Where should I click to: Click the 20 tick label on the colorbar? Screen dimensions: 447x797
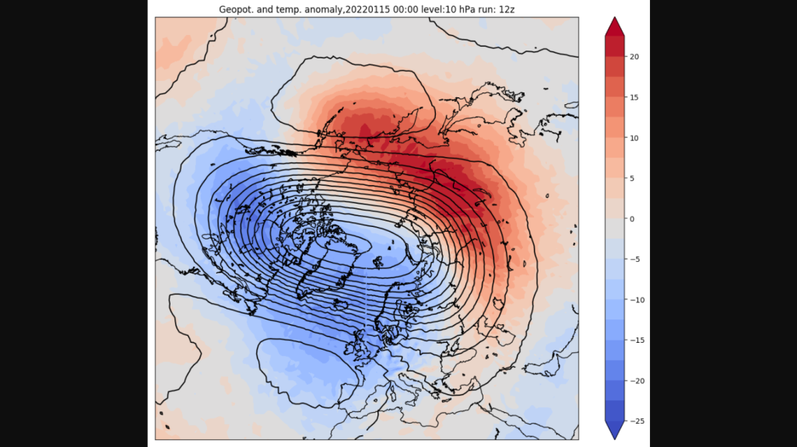(634, 57)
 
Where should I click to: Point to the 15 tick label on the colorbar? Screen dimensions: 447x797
(634, 97)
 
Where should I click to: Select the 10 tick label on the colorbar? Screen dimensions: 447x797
(634, 138)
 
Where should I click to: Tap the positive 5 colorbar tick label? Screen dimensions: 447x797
(632, 178)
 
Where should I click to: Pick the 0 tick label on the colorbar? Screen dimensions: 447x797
(632, 218)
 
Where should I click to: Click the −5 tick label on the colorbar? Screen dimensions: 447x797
(634, 259)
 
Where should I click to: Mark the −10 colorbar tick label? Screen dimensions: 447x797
(637, 299)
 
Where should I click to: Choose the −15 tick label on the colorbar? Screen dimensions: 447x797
(637, 340)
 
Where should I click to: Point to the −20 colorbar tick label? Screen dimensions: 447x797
(637, 380)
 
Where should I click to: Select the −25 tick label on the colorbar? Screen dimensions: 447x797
(637, 421)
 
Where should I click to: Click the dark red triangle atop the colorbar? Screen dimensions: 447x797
(614, 27)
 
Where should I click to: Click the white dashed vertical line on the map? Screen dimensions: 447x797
(366, 299)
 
